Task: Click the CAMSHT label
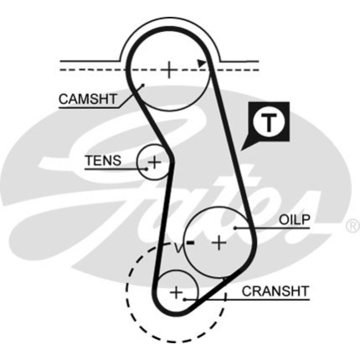tap(88, 99)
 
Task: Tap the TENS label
tap(103, 161)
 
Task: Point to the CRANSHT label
tap(276, 291)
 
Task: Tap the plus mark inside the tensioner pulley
tap(154, 162)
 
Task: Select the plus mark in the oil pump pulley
tap(219, 242)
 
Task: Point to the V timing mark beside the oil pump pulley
tap(179, 248)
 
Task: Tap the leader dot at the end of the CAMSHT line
tap(142, 85)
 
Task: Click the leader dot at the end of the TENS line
tap(147, 169)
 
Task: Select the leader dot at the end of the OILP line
tap(236, 228)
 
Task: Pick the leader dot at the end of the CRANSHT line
tap(184, 298)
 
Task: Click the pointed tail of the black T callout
tap(243, 149)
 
